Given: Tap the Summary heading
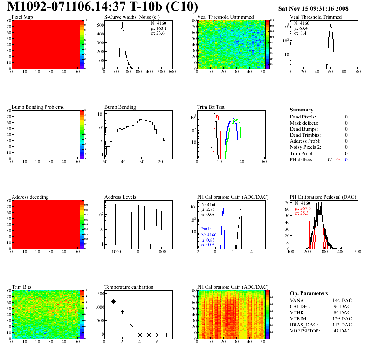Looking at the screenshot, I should coord(302,110).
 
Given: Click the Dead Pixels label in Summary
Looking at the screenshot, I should coord(302,117).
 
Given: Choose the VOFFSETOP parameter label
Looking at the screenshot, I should coord(305,331).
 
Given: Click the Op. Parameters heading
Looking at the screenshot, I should coord(309,293).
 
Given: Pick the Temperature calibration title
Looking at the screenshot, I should coord(129,287).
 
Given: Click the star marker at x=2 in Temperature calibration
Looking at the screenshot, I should coord(122,312).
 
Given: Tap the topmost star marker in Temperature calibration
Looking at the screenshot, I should coord(104,294).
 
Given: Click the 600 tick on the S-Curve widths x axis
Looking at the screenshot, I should coord(172,72).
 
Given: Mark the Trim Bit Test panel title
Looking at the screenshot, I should coord(211,107).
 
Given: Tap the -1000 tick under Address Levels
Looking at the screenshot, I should coord(114,252).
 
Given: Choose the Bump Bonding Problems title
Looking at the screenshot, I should coord(37,107).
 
